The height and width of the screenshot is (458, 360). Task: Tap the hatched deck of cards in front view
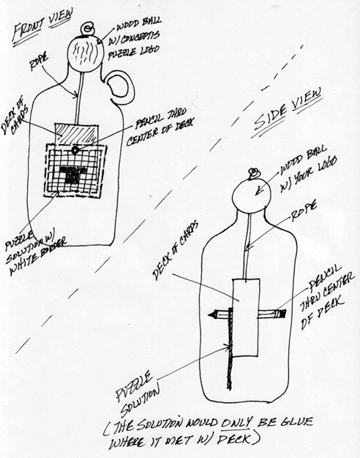coord(76,134)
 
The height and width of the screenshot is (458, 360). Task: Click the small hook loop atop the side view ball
coord(252,174)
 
